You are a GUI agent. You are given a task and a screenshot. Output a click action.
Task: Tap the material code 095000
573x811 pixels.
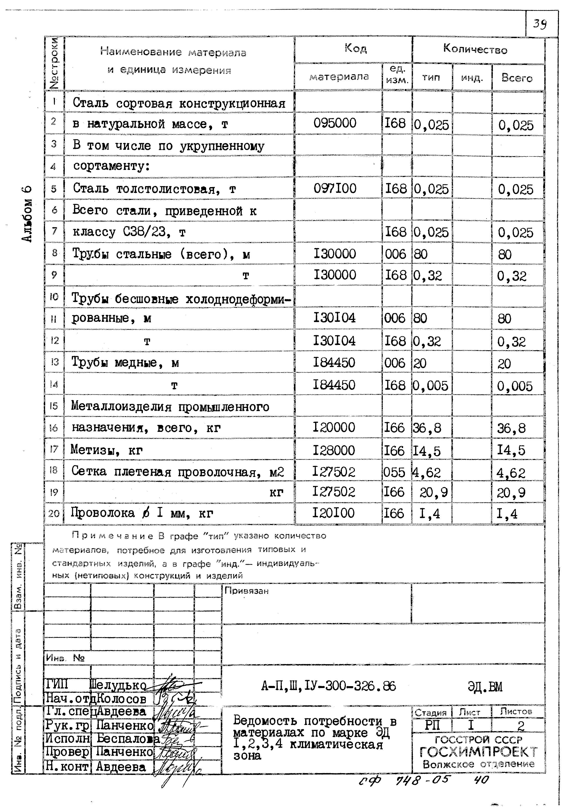[x=335, y=123]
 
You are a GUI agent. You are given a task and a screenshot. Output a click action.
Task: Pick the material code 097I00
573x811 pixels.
[x=335, y=188]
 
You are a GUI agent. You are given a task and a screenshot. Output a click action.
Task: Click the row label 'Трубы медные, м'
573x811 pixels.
[x=125, y=362]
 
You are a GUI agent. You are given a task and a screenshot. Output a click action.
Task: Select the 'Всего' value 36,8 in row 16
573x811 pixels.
[x=511, y=428]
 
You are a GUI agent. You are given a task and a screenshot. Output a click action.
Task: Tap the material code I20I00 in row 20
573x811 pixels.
[x=333, y=513]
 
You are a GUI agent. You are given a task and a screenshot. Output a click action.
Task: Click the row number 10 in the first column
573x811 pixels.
[x=54, y=297]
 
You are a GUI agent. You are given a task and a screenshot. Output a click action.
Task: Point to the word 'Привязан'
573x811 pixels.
[x=246, y=591]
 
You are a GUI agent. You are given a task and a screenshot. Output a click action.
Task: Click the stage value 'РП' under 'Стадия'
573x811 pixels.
[x=432, y=725]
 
